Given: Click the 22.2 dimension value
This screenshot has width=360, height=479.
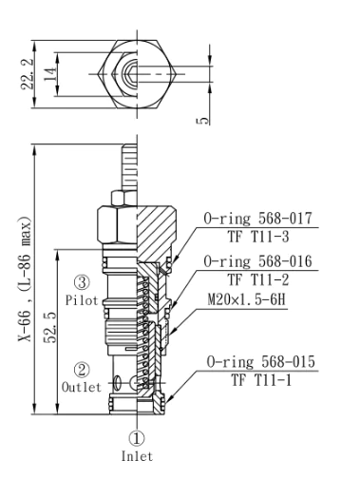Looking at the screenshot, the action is [x=27, y=74].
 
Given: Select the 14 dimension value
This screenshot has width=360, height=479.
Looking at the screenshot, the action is [x=50, y=74].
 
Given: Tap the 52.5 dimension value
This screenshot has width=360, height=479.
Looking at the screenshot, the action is [x=50, y=328].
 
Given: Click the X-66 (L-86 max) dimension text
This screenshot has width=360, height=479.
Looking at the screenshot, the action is [x=25, y=279].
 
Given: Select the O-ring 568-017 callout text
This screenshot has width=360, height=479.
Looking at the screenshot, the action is [x=257, y=219].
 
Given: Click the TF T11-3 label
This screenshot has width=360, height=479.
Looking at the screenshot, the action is [x=258, y=237].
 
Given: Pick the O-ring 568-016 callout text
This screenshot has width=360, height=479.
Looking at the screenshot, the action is [x=257, y=261].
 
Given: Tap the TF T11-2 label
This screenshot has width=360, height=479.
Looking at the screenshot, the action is [x=258, y=279].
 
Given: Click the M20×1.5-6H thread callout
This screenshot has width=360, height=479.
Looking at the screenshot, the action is [x=247, y=299].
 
